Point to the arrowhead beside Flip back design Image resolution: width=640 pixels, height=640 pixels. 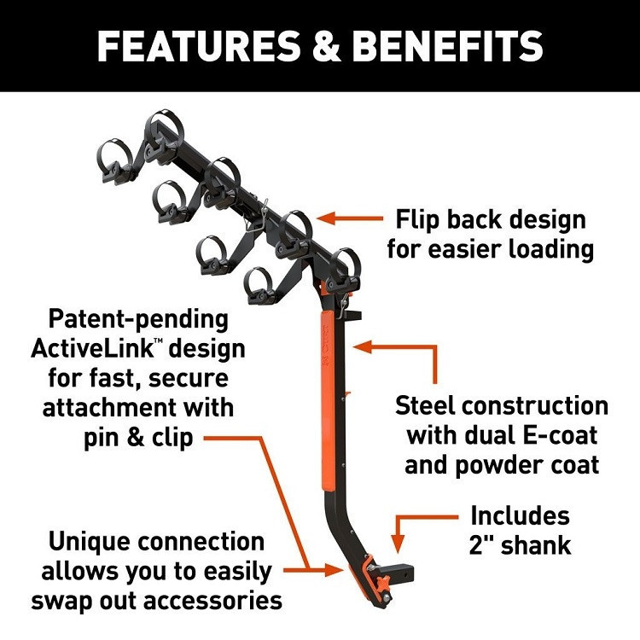click(323, 219)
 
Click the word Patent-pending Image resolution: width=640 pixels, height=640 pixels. click(139, 321)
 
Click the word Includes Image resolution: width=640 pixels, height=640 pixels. click(520, 516)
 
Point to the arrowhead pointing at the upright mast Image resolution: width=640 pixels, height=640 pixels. click(360, 346)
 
